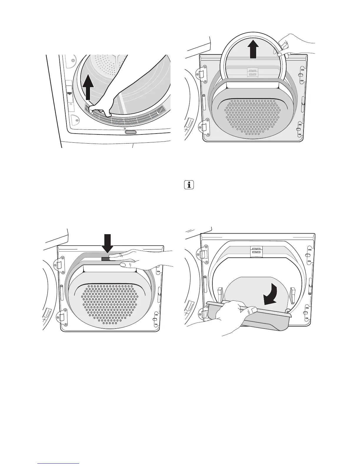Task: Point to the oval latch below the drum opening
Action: tap(131, 132)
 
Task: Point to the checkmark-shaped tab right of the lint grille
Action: tap(161, 111)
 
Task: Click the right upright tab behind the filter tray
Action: tap(293, 294)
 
